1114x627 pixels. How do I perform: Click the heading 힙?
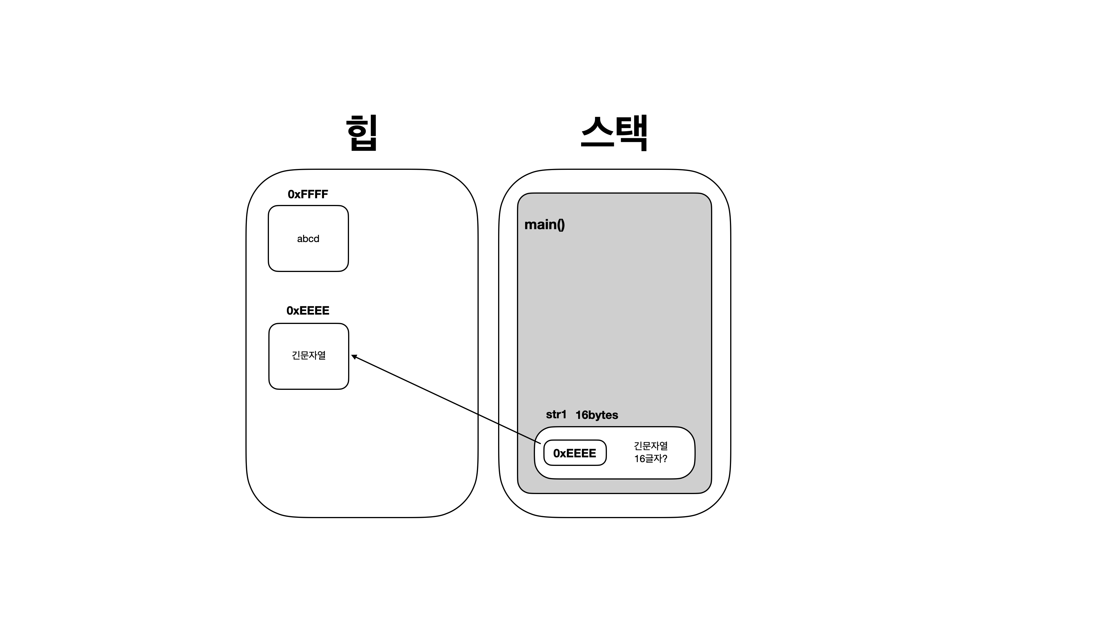[362, 133]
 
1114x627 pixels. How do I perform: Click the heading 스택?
[614, 133]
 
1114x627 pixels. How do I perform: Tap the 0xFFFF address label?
[308, 194]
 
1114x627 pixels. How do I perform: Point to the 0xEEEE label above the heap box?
[308, 311]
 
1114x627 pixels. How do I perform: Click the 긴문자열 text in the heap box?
[309, 355]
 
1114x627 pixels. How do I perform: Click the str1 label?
[556, 415]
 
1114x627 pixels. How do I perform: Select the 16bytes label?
[597, 415]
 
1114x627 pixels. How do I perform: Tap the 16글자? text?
[650, 459]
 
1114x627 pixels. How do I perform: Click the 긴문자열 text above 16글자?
[651, 446]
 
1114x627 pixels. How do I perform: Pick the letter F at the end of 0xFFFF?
[324, 194]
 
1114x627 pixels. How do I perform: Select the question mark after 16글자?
[665, 459]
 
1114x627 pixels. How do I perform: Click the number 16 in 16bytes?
[582, 415]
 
